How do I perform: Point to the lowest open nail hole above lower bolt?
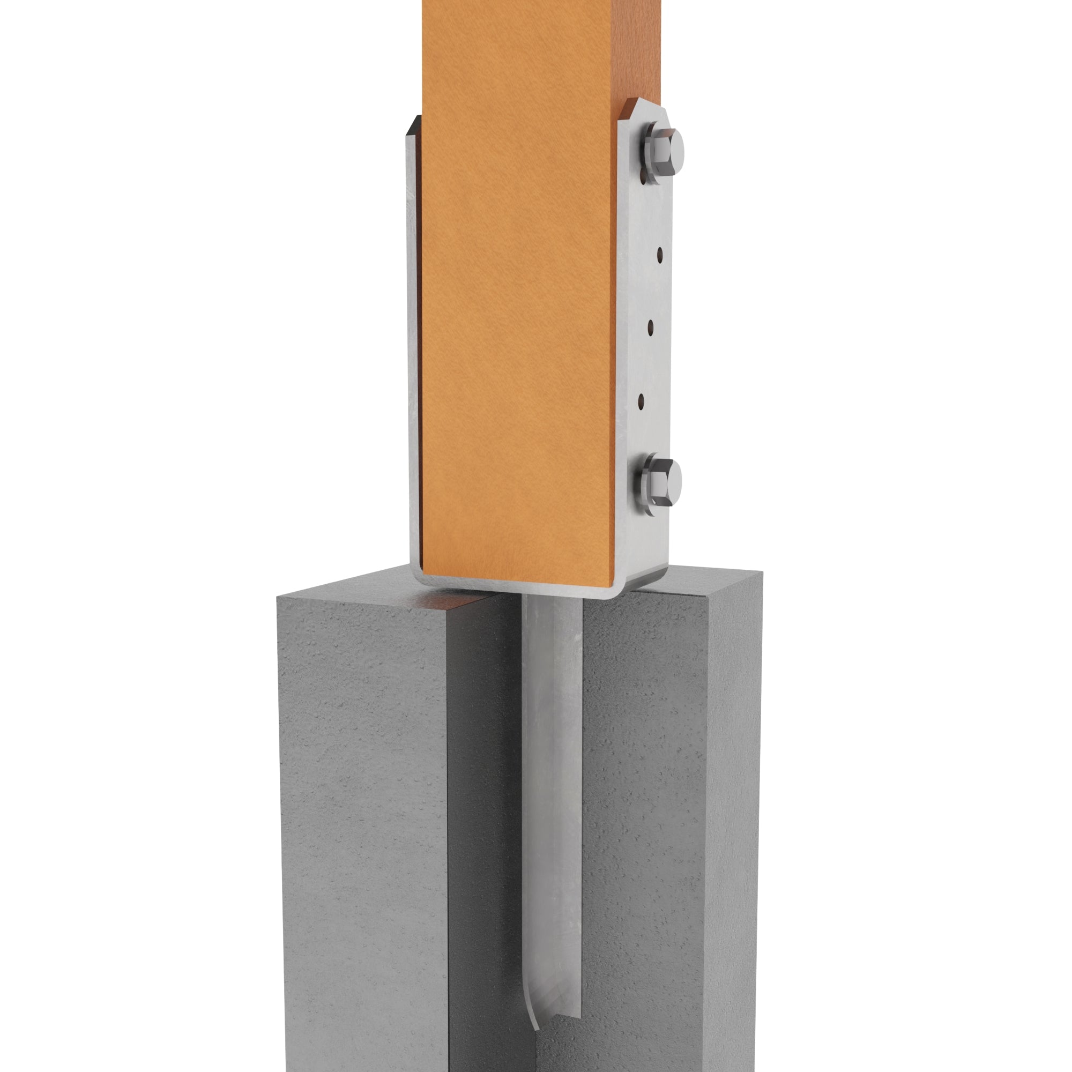642,399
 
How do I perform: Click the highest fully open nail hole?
660,255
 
